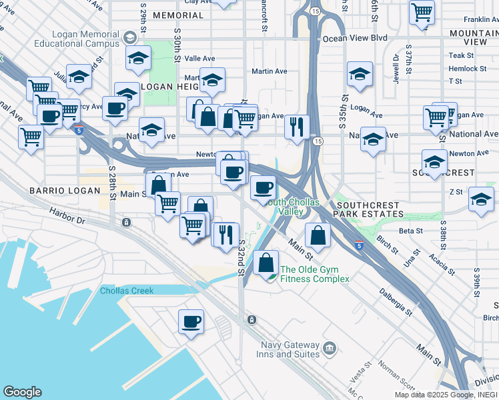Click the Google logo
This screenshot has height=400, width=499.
coord(22,392)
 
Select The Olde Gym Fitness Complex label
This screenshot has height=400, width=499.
coord(314,274)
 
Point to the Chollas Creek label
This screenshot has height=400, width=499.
coord(127,291)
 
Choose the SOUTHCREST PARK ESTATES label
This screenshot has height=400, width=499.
coord(370,209)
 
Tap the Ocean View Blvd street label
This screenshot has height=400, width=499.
coord(355,39)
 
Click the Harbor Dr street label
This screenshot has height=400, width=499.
coord(67,215)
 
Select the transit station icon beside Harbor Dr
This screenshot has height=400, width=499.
coord(125,222)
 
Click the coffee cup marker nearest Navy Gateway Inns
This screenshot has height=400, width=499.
coord(191,322)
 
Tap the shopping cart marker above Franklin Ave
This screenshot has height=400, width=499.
coord(422,11)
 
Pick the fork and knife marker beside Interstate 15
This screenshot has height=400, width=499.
coord(297,125)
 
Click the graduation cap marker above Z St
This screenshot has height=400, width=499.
coord(481,199)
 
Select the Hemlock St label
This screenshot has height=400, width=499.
coord(467,69)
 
